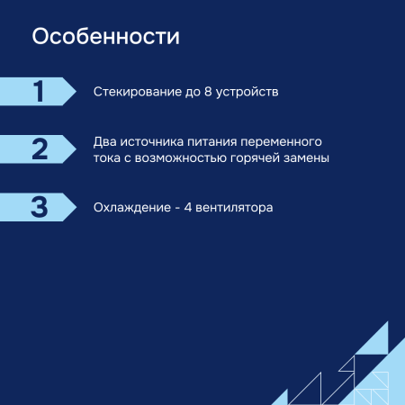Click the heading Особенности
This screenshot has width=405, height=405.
106,38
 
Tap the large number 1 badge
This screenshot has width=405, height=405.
38,92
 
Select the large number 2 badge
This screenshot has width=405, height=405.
38,149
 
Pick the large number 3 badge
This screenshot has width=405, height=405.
38,207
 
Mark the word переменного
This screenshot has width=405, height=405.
283,142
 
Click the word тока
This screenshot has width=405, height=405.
107,158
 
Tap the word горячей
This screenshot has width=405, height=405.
259,158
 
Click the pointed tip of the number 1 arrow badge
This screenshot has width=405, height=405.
76,92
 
